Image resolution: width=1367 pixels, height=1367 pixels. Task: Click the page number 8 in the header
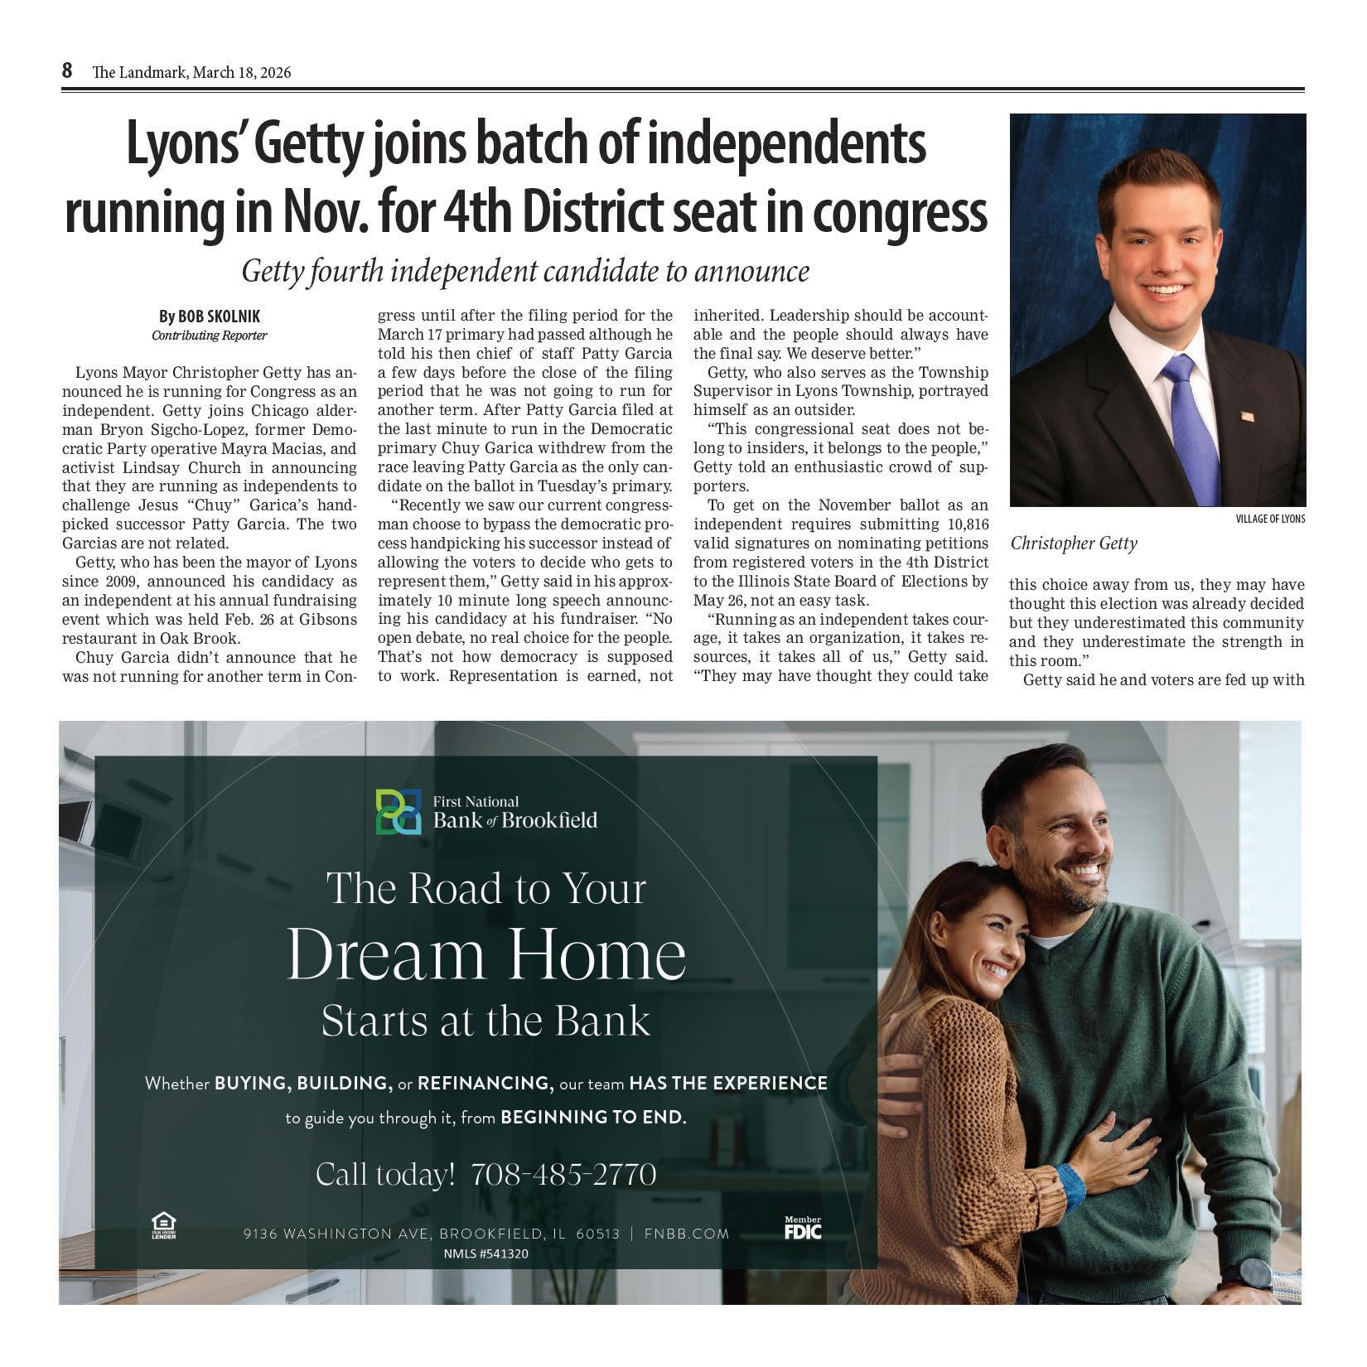(x=67, y=71)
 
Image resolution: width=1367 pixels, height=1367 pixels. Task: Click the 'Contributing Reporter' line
(x=209, y=336)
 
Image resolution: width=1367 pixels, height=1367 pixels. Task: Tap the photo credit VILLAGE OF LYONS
(x=1269, y=519)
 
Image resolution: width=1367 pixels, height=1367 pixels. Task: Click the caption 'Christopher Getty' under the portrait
(x=1074, y=543)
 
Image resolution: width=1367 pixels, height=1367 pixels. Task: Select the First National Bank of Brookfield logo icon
(x=397, y=811)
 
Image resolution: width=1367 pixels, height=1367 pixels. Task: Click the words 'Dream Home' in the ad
(x=486, y=955)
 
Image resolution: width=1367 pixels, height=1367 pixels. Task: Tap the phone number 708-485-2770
(x=563, y=1174)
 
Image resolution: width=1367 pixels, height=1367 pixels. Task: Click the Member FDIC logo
(x=803, y=1229)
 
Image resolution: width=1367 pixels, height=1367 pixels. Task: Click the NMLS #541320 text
(x=486, y=1253)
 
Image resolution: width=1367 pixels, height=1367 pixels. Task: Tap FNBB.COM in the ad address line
(x=687, y=1234)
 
